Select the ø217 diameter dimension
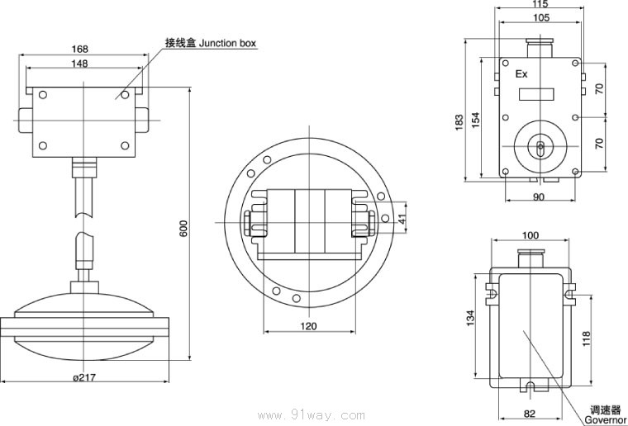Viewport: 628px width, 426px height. tap(85, 377)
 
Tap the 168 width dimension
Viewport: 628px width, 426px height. tap(79, 49)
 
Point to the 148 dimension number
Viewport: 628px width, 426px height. tap(79, 64)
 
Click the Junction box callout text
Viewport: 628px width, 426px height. tap(211, 42)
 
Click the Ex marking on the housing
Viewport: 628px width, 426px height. tap(521, 74)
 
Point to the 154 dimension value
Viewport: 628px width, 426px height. tap(475, 119)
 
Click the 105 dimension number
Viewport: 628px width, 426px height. tap(540, 17)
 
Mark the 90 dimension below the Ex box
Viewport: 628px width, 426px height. tap(538, 196)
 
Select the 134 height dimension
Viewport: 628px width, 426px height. tap(470, 318)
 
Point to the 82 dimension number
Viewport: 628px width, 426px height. tap(530, 413)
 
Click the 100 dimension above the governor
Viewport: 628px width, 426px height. tap(530, 236)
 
